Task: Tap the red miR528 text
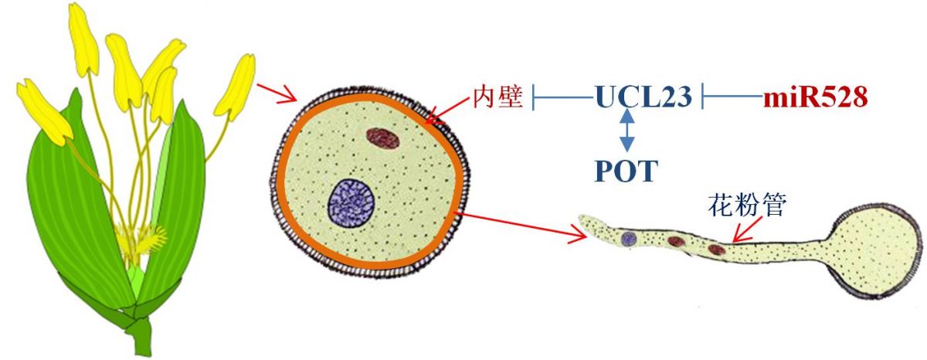coord(816,98)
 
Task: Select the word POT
coord(626,171)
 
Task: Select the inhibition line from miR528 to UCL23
coord(730,98)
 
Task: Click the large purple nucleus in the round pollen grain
coord(351,202)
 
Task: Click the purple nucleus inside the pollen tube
coord(630,239)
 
